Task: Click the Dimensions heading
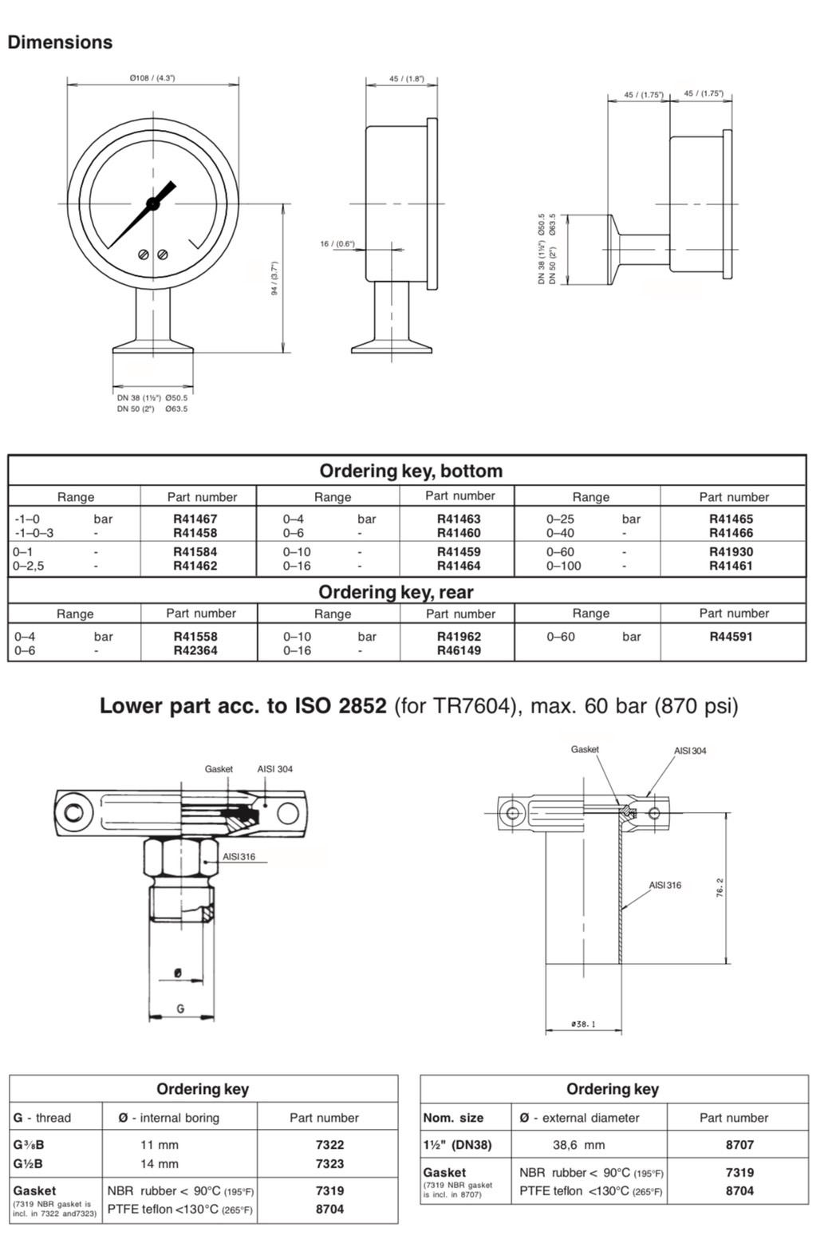click(x=60, y=42)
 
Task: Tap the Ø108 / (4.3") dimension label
click(x=152, y=78)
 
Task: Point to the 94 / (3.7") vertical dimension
click(x=274, y=278)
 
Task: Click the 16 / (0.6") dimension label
click(x=337, y=243)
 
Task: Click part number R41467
click(x=195, y=519)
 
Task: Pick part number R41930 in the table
click(x=731, y=551)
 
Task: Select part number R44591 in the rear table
click(x=731, y=637)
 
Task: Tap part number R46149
click(x=459, y=650)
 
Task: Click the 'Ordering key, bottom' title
click(x=411, y=471)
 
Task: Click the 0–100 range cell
click(x=564, y=566)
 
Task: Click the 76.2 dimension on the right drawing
click(x=720, y=888)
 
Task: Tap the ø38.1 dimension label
click(x=583, y=1024)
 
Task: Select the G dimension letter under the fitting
click(x=180, y=1008)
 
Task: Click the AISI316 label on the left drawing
click(x=239, y=857)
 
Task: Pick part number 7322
click(x=329, y=1144)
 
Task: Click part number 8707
click(x=739, y=1144)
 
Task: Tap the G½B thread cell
click(x=28, y=1163)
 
